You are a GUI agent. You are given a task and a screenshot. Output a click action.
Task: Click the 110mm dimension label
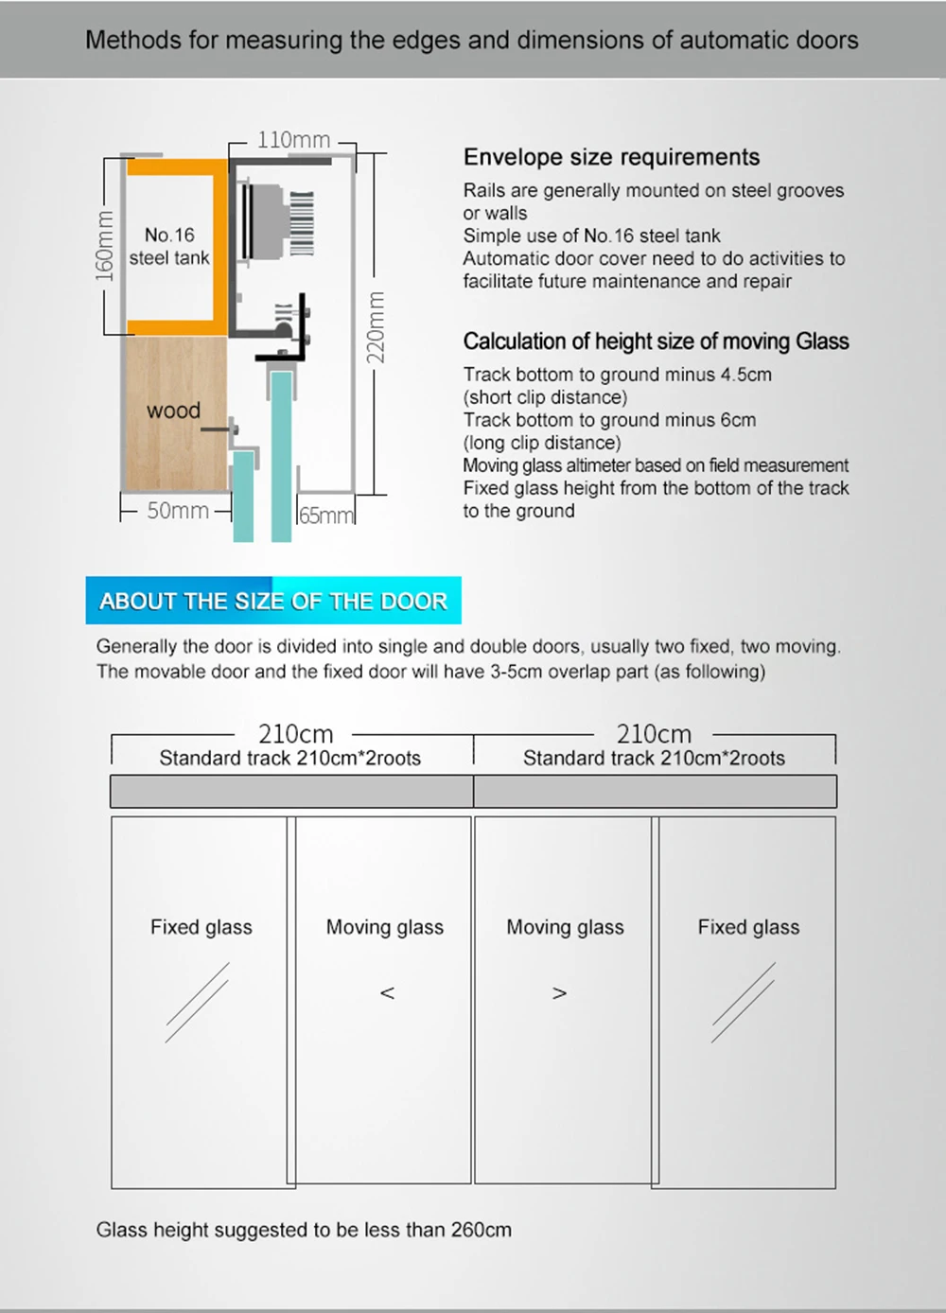(x=293, y=140)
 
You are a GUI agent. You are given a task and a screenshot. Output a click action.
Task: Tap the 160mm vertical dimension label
(x=105, y=246)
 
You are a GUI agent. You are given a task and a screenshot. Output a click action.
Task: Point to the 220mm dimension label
(x=376, y=327)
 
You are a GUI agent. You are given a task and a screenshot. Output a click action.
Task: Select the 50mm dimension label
(x=178, y=511)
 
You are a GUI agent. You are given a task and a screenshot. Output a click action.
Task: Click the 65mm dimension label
(x=325, y=516)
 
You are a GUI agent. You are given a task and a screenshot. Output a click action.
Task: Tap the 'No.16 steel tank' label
(x=169, y=246)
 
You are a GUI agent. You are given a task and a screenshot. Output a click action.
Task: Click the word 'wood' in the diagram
(x=173, y=411)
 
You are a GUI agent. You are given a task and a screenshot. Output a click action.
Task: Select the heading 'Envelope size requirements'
(x=611, y=157)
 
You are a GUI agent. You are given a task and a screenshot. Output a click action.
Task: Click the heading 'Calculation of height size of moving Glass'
(x=656, y=341)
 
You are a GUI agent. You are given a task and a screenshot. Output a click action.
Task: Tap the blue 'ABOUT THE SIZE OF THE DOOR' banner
(x=273, y=601)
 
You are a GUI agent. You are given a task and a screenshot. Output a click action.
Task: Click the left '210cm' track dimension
(x=295, y=734)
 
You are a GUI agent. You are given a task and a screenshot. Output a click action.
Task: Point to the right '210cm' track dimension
(x=654, y=734)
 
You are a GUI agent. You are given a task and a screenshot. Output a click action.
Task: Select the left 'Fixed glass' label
(x=201, y=927)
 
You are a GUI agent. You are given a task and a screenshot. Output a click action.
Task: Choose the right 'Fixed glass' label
(x=748, y=927)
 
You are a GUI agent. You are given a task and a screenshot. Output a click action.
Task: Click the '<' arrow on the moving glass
(x=387, y=993)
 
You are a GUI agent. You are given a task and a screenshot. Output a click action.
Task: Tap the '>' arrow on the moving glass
(x=560, y=993)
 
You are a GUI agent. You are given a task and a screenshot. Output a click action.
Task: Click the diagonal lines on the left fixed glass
(x=197, y=1003)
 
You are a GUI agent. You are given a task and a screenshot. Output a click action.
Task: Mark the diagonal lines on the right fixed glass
(x=744, y=1003)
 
